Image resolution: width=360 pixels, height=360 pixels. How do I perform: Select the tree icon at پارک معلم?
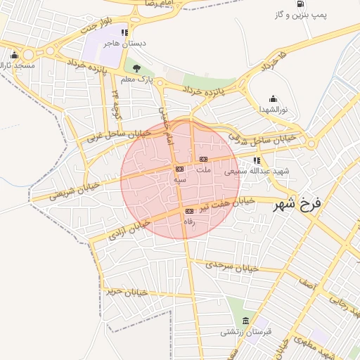[x=136, y=69]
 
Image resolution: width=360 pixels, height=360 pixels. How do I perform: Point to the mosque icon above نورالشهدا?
[x=273, y=99]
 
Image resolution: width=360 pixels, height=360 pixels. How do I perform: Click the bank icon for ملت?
[x=203, y=159]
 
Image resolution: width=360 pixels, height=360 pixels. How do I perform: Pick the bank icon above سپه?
[x=179, y=169]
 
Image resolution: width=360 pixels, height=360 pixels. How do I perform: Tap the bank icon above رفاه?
[x=188, y=211]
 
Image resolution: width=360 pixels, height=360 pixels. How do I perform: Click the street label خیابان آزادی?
[x=129, y=229]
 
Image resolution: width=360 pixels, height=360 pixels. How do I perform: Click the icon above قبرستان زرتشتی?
[x=245, y=321]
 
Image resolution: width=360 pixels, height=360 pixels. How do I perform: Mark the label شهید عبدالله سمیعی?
[x=251, y=171]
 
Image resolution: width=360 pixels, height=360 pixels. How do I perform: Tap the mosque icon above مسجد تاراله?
[x=13, y=56]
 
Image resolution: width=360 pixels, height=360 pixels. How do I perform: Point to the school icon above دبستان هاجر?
[x=124, y=32]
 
